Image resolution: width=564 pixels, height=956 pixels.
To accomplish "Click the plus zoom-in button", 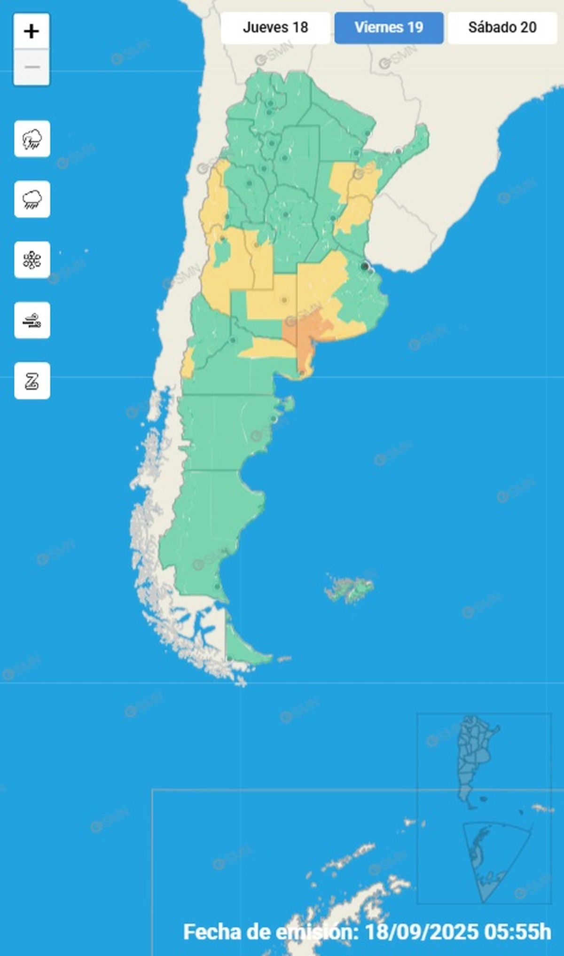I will point(31,31).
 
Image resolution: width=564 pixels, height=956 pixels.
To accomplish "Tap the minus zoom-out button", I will point(31,67).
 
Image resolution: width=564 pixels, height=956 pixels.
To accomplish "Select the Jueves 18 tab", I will point(275,27).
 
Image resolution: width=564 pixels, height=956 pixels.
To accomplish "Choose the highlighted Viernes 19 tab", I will point(389,27).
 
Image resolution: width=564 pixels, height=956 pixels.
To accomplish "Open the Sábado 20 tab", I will point(502,27).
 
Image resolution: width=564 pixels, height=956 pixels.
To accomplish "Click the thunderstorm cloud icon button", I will point(32,139).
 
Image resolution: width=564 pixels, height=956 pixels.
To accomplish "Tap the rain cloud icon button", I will point(32,199).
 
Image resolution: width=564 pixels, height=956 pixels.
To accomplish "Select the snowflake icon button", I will point(32,260).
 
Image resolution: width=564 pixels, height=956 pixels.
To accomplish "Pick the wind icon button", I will point(32,321).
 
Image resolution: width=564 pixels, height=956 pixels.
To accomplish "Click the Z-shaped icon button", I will point(32,381).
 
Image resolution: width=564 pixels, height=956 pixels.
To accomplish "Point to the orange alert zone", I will point(305,329).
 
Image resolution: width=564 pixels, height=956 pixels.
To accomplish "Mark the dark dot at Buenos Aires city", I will point(364,266).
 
